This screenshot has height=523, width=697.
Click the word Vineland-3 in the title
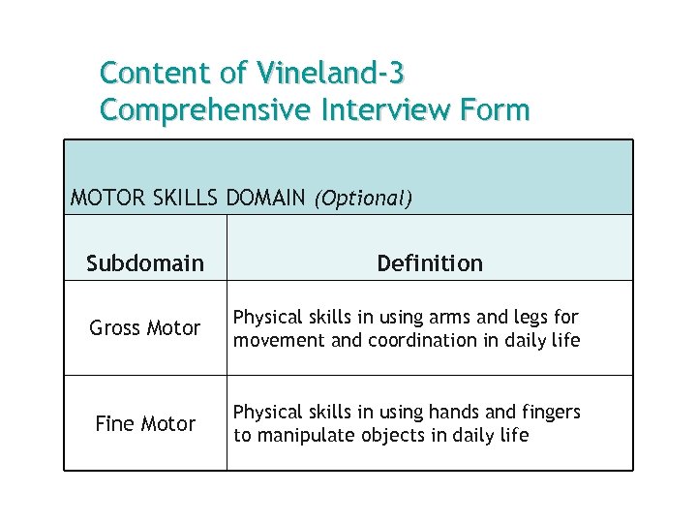[x=331, y=73]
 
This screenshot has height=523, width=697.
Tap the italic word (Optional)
[x=363, y=200]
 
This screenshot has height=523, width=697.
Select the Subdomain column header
[x=145, y=263]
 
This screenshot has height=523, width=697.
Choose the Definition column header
[x=430, y=263]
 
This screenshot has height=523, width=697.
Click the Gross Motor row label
[x=145, y=328]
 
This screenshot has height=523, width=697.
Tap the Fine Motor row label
[x=145, y=424]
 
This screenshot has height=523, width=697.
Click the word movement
[x=274, y=340]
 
